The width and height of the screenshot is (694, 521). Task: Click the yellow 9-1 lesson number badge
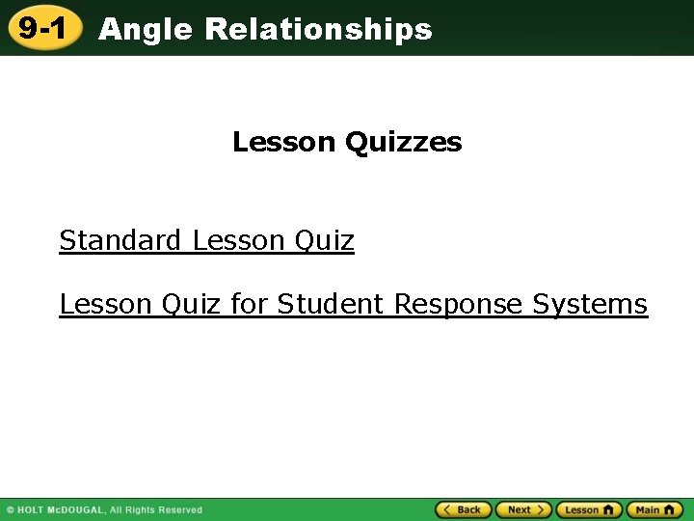pos(41,29)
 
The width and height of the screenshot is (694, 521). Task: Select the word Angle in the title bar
pos(147,30)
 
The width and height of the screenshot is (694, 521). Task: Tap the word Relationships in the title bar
pos(318,30)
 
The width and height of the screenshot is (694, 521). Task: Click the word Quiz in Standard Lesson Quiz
pos(325,240)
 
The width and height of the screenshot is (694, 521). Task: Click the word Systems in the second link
pos(590,304)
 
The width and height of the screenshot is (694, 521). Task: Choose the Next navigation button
pos(523,509)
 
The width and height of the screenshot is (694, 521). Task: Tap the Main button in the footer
pos(654,509)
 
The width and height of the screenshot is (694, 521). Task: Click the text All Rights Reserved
pos(156,510)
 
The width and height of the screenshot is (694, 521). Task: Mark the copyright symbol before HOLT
pos(11,510)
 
